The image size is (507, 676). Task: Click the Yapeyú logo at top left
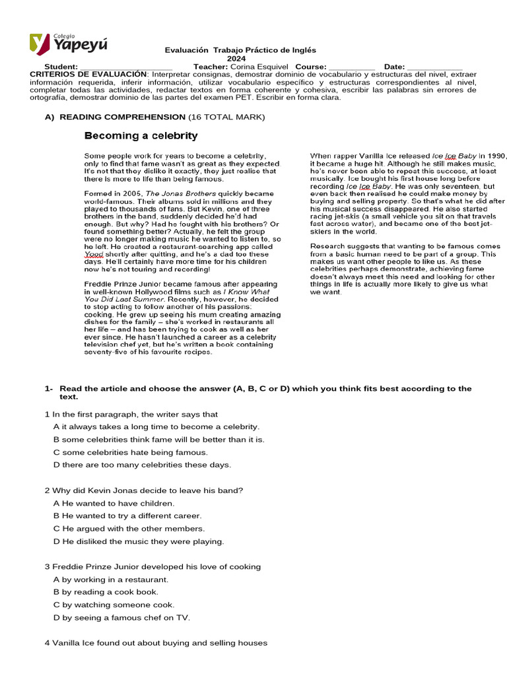point(68,44)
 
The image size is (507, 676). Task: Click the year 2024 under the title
point(236,58)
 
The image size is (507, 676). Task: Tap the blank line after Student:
point(125,67)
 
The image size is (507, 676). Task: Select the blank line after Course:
point(351,67)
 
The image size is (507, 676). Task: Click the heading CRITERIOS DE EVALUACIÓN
point(88,74)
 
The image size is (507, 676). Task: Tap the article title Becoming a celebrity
point(141,136)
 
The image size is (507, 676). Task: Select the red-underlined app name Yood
point(94,254)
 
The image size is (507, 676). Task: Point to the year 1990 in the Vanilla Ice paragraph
point(496,156)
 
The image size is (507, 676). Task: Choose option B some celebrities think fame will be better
point(158,440)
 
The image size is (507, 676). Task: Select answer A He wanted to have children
point(114,503)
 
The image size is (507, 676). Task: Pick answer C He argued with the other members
point(129,529)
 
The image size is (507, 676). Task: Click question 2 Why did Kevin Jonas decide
point(144,490)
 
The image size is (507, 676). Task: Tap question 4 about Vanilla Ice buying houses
point(156,643)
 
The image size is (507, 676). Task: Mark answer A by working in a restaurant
point(116,580)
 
